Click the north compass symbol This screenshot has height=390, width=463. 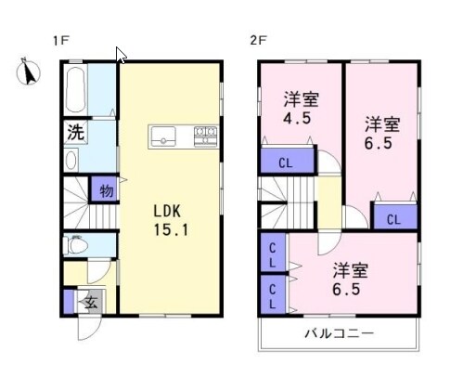pyautogui.click(x=28, y=71)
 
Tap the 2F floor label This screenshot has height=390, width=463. pyautogui.click(x=258, y=40)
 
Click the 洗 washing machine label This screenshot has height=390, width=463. pyautogui.click(x=75, y=132)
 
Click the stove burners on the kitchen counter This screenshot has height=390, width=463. pyautogui.click(x=205, y=136)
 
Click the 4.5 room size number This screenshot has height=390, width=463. pyautogui.click(x=296, y=119)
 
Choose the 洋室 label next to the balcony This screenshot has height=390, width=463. pyautogui.click(x=350, y=271)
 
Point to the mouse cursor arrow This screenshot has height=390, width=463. pyautogui.click(x=121, y=54)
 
